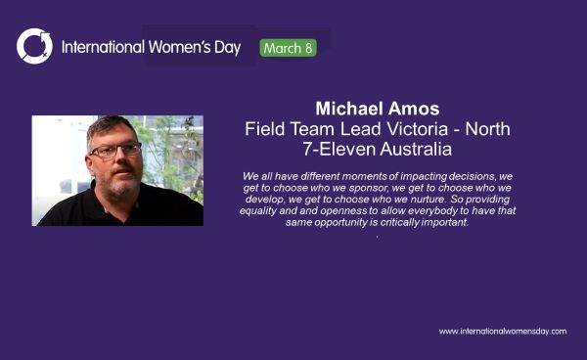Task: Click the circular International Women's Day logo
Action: [34, 46]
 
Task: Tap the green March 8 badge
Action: [289, 47]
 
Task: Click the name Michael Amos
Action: [377, 108]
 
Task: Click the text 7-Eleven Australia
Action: [377, 151]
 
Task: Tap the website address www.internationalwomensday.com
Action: [502, 331]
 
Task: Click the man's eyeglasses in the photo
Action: [114, 150]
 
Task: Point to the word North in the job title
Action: [488, 129]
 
